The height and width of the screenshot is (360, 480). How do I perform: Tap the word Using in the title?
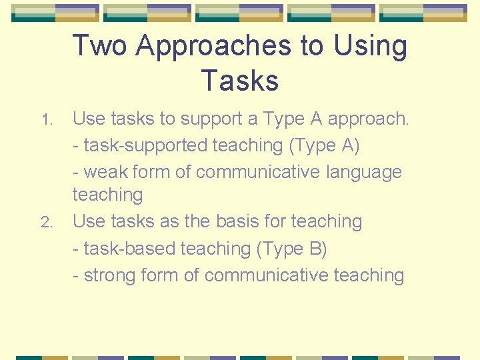(x=370, y=46)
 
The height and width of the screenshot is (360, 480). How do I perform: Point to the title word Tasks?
(x=239, y=81)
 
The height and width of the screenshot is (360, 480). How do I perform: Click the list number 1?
(x=45, y=121)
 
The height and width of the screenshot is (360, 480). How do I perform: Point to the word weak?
(x=105, y=171)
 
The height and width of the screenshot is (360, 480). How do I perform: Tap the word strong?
(x=113, y=275)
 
